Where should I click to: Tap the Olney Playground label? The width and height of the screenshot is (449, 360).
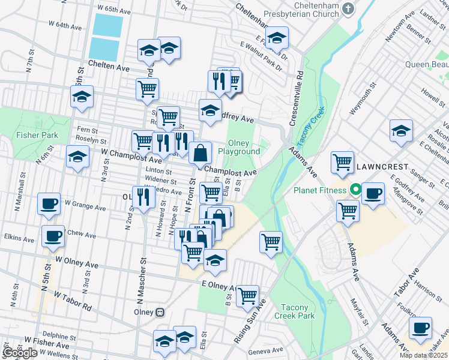point(243,147)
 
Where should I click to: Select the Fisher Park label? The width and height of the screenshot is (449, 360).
point(37,135)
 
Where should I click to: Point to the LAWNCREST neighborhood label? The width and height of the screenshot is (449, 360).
point(381,166)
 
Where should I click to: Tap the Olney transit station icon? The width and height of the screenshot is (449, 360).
point(160,313)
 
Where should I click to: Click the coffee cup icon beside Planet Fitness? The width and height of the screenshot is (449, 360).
point(373,193)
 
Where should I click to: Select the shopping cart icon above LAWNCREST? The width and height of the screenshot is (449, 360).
point(342,161)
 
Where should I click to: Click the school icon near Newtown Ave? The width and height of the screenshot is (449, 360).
point(401,130)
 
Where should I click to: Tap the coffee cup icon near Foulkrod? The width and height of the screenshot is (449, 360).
point(420,328)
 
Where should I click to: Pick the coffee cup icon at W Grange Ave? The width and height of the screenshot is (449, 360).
point(49,203)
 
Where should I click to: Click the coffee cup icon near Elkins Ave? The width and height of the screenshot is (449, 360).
point(53,236)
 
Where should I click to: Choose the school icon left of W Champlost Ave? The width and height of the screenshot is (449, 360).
point(77,157)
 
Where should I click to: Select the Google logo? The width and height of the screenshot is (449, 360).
point(20,353)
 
